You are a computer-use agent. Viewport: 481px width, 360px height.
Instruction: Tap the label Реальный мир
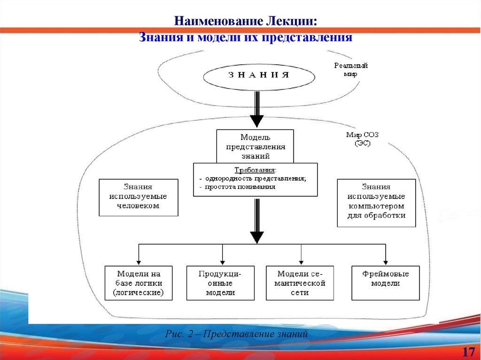[x=350, y=69]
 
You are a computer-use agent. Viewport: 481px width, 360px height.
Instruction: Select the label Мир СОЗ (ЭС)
[x=362, y=139]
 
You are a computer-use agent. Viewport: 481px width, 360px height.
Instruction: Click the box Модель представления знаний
[x=255, y=146]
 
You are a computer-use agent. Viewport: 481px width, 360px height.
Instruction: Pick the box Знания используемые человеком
[x=139, y=197]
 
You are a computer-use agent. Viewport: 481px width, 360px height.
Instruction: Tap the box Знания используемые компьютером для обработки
[x=376, y=203]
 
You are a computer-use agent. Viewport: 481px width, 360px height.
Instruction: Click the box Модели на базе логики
[x=138, y=283]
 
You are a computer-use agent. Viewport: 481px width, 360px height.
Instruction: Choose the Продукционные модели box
[x=220, y=283]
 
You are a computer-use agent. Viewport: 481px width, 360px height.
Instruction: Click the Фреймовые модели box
[x=385, y=283]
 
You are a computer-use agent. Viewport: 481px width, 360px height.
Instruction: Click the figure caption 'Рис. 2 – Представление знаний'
[x=236, y=334]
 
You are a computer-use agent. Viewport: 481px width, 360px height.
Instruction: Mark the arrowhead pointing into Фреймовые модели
[x=385, y=262]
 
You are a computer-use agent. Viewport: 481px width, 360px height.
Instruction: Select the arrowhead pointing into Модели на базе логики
[x=138, y=262]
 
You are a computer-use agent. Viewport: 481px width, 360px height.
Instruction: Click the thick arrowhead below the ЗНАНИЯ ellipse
[x=256, y=121]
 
